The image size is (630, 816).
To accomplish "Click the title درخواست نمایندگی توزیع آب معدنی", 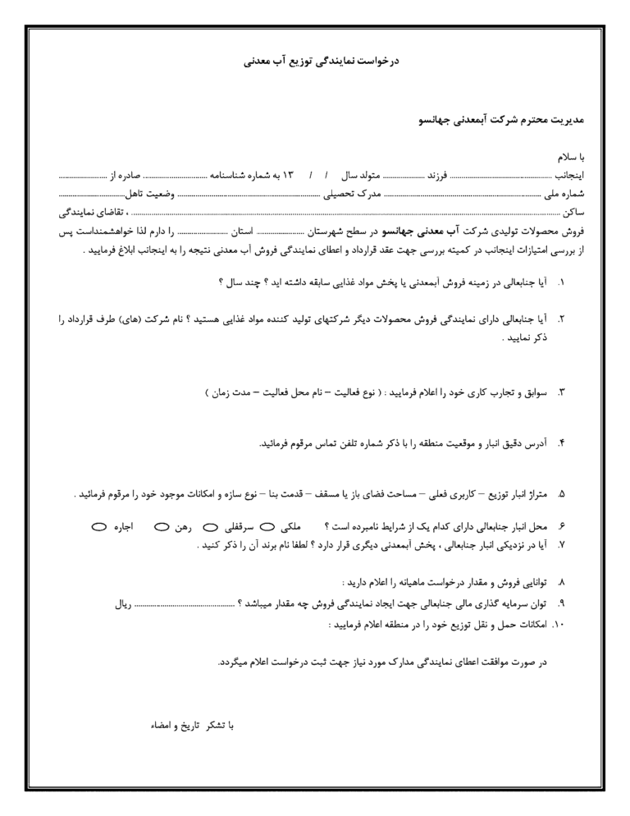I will click(x=314, y=61).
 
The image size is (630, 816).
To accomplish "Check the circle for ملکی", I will click(x=267, y=525).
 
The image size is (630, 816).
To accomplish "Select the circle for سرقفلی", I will click(x=208, y=525).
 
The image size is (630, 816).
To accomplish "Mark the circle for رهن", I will click(x=161, y=525).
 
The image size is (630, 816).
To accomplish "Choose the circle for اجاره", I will click(x=98, y=525).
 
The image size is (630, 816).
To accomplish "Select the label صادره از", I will click(x=127, y=176).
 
